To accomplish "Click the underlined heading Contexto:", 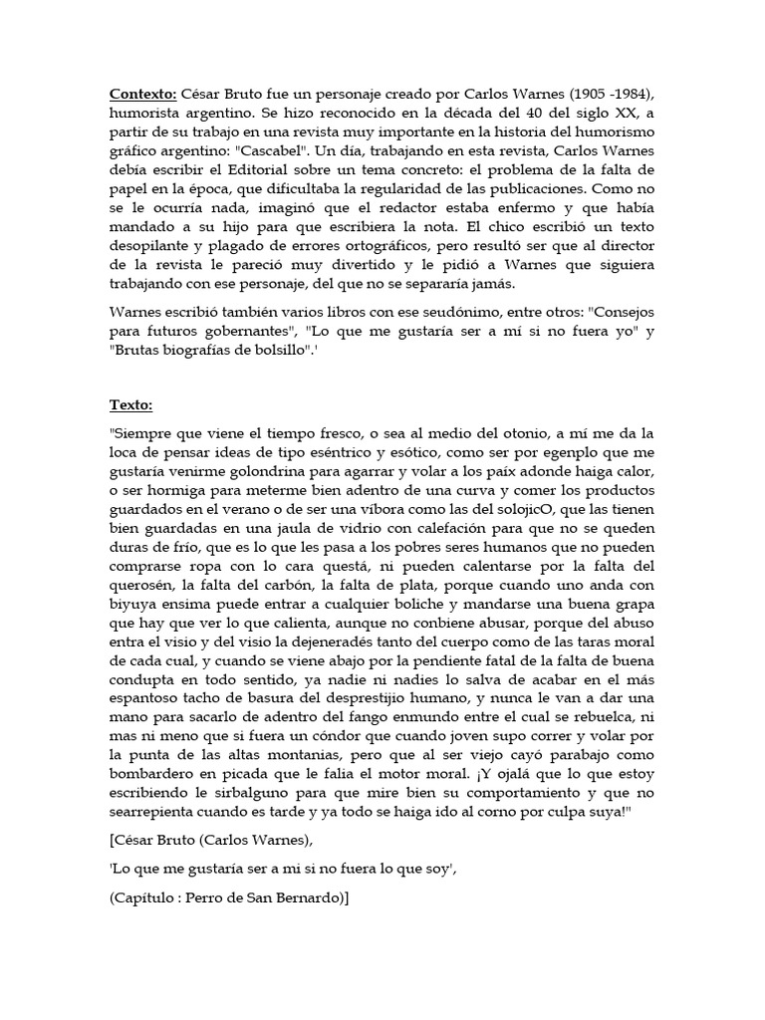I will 143,95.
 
